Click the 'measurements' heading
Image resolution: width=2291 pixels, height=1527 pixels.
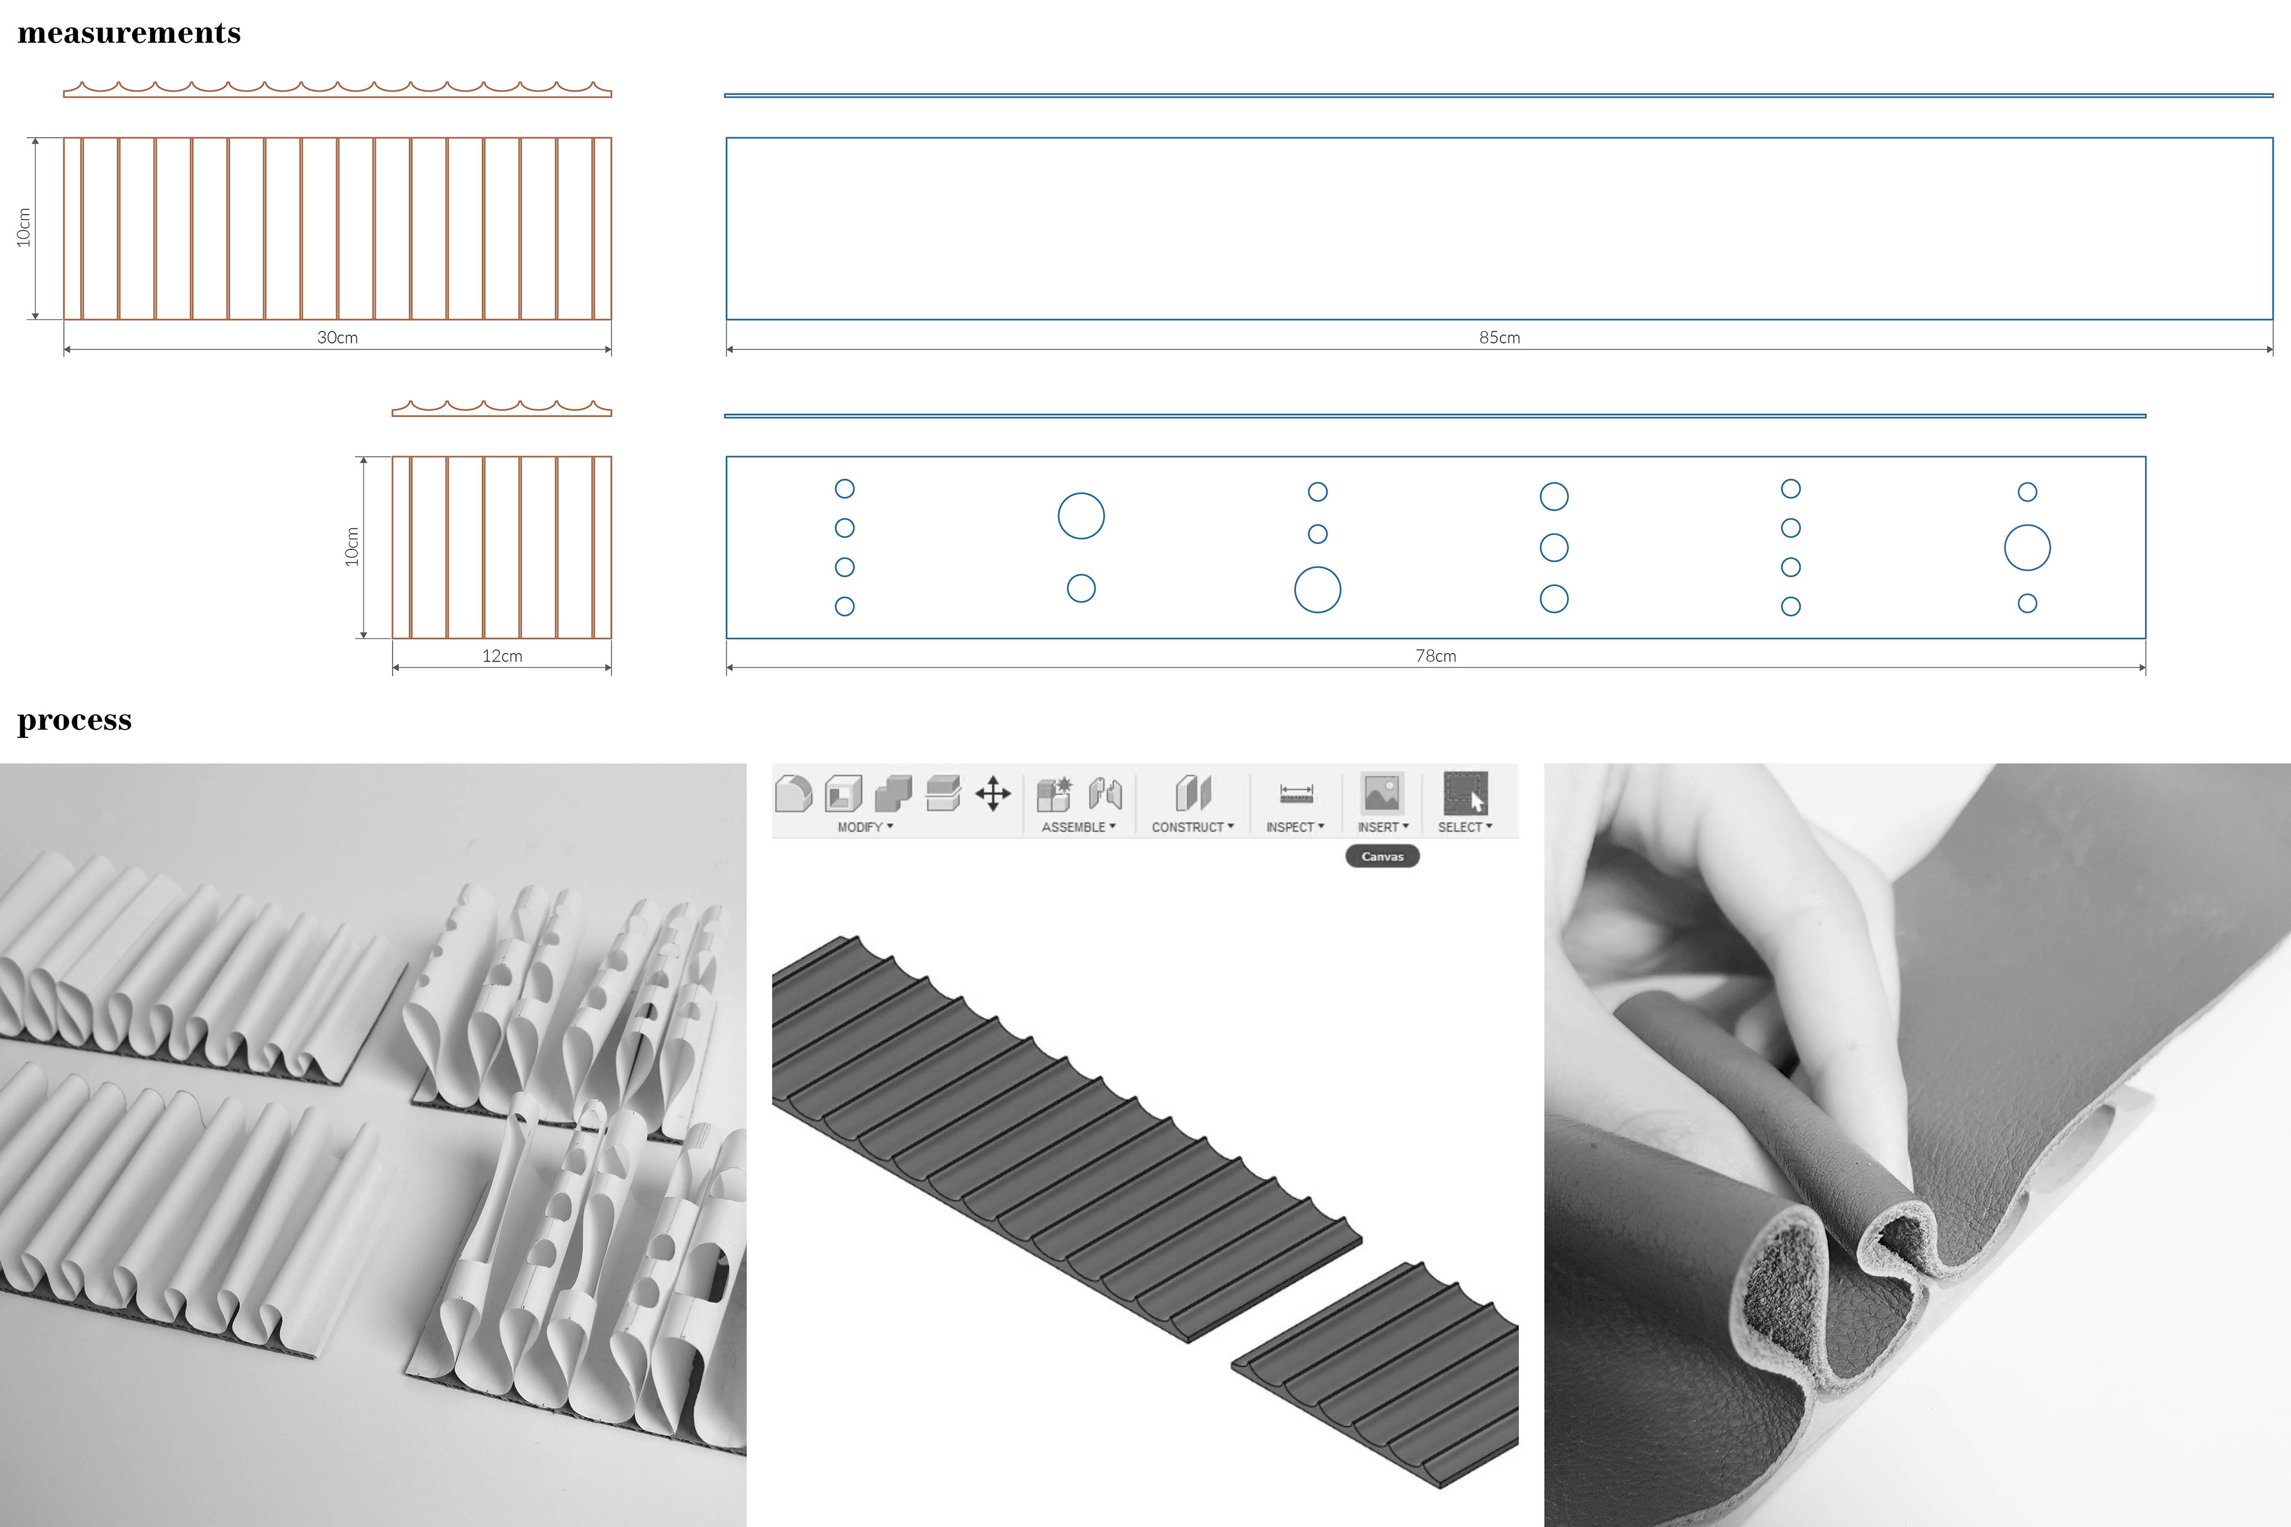pyautogui.click(x=129, y=33)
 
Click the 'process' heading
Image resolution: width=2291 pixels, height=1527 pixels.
pyautogui.click(x=74, y=721)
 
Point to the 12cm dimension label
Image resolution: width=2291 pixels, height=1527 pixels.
pyautogui.click(x=502, y=656)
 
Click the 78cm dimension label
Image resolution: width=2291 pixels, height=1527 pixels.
pyautogui.click(x=1436, y=656)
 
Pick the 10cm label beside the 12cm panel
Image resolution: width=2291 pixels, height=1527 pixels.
pyautogui.click(x=351, y=546)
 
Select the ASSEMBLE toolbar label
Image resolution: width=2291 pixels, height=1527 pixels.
pyautogui.click(x=1078, y=827)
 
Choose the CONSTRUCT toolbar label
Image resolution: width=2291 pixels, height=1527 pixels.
pyautogui.click(x=1192, y=827)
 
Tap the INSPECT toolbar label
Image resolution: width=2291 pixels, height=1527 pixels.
pyautogui.click(x=1295, y=827)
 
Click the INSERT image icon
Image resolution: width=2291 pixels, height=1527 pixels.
pyautogui.click(x=1382, y=794)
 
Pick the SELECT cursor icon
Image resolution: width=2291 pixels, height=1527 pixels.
pyautogui.click(x=1465, y=794)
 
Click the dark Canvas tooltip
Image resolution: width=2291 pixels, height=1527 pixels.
pyautogui.click(x=1382, y=856)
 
